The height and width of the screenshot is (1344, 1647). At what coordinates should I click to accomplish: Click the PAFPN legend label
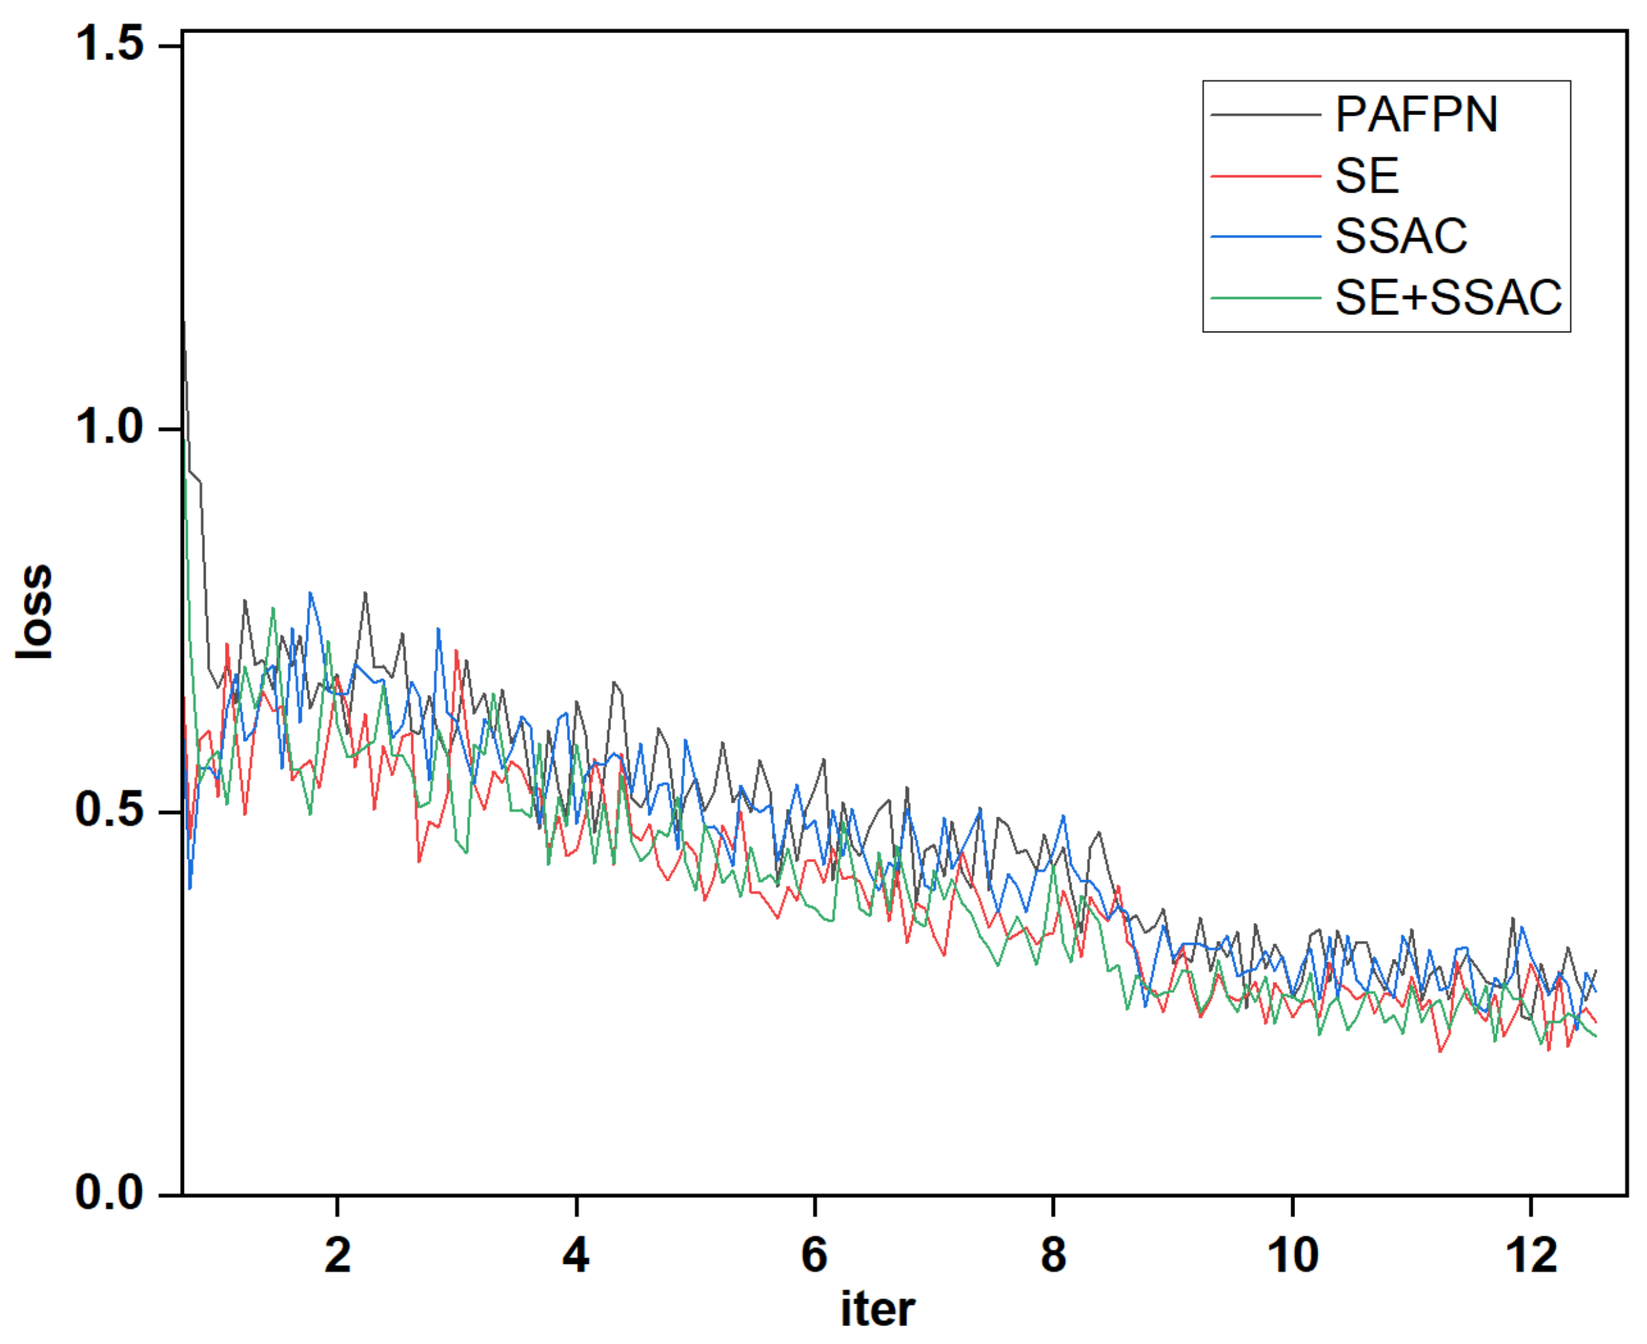tap(1415, 114)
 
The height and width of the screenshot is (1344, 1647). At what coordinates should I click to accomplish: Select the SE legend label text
tap(1367, 176)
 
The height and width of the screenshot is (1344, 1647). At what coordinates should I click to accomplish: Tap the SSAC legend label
tap(1401, 236)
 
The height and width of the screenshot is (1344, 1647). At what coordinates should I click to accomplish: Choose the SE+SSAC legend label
tap(1448, 297)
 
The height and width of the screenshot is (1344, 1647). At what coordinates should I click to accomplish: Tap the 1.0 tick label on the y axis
tap(110, 427)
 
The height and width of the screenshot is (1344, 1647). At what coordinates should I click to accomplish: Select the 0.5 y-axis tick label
tap(110, 811)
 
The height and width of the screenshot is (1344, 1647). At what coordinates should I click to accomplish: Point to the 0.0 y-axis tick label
tap(110, 1193)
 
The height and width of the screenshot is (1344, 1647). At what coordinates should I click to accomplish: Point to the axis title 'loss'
tap(35, 612)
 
